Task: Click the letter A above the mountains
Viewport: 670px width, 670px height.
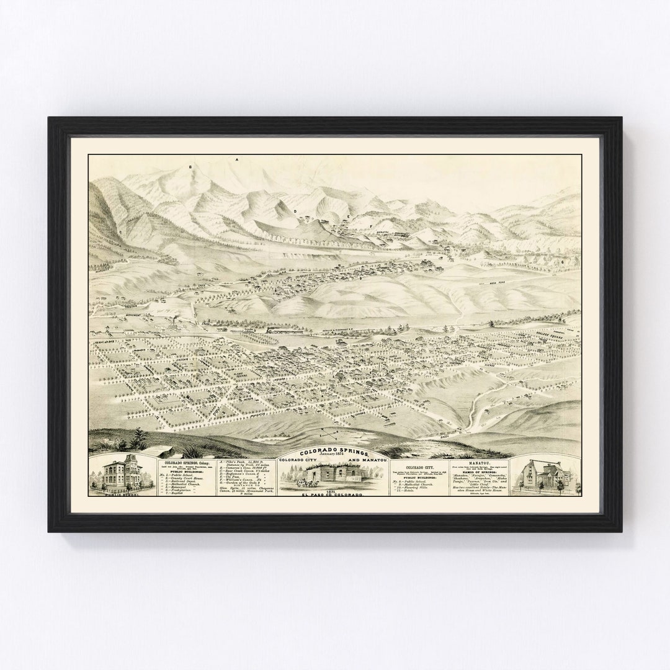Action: tap(236, 160)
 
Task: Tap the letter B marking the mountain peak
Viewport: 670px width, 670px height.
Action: tap(190, 167)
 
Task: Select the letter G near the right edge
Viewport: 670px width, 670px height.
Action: tap(563, 262)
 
